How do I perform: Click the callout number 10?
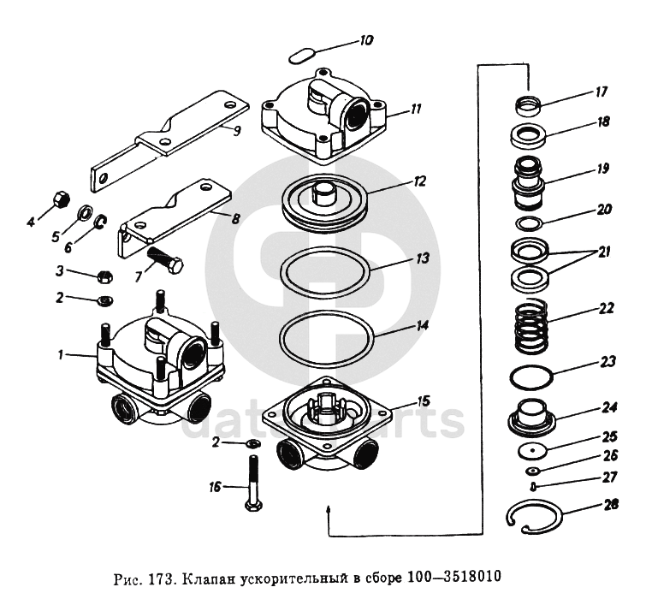click(x=365, y=39)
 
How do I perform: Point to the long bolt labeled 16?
click(x=253, y=483)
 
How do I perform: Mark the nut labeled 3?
click(x=104, y=276)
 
